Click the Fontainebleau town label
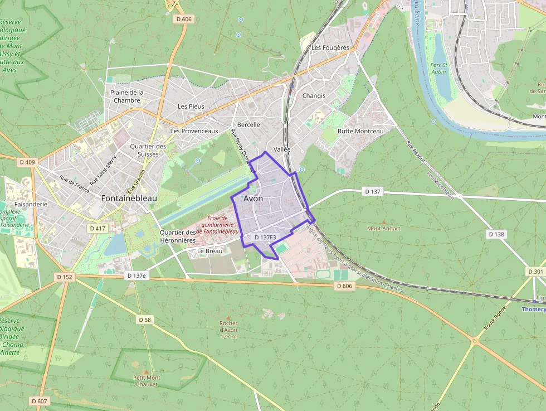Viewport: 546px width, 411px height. pyautogui.click(x=129, y=198)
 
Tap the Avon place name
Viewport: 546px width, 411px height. pyautogui.click(x=253, y=199)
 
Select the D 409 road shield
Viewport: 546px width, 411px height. pyautogui.click(x=27, y=162)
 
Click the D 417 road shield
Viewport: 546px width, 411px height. pyautogui.click(x=97, y=229)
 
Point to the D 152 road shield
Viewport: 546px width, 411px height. pyautogui.click(x=65, y=277)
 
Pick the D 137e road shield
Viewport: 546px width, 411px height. pyautogui.click(x=136, y=275)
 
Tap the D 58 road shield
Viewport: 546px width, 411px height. pyautogui.click(x=144, y=320)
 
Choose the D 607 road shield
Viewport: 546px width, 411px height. pyautogui.click(x=40, y=401)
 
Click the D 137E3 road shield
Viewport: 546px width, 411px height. pyautogui.click(x=265, y=238)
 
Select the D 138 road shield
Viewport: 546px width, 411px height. pyautogui.click(x=496, y=234)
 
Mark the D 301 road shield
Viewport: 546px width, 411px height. pyautogui.click(x=535, y=272)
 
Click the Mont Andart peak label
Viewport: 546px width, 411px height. pyautogui.click(x=383, y=228)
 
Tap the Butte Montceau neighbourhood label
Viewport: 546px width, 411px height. pyautogui.click(x=360, y=131)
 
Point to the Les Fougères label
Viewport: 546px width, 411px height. pyautogui.click(x=330, y=47)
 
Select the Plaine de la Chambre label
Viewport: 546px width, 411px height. pyautogui.click(x=126, y=96)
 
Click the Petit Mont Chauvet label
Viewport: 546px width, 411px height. pyautogui.click(x=147, y=381)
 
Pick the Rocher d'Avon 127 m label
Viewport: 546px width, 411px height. pyautogui.click(x=228, y=330)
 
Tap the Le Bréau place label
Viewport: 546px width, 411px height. pyautogui.click(x=210, y=251)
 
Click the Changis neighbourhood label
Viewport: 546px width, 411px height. pyautogui.click(x=314, y=95)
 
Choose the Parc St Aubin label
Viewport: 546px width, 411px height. pyautogui.click(x=439, y=68)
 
